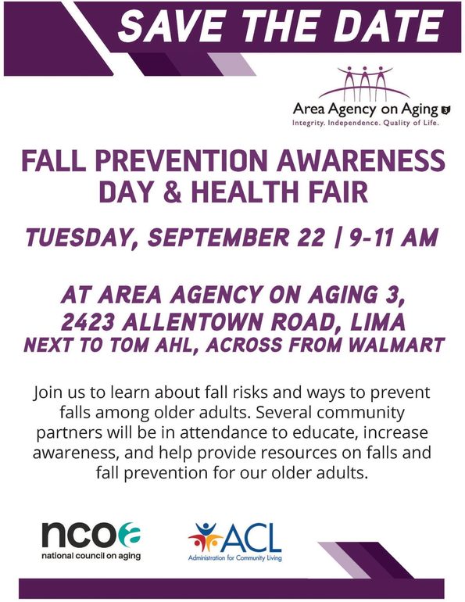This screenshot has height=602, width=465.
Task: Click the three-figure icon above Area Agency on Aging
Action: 364,83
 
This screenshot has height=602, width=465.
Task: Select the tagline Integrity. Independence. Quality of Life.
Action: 366,124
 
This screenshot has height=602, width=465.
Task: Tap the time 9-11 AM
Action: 393,237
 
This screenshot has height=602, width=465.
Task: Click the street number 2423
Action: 87,322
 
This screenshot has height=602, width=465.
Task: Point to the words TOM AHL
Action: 151,344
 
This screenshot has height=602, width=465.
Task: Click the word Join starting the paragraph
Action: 45,392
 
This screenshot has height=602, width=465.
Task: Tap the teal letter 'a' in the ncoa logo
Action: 129,535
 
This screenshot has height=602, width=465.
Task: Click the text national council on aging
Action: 91,556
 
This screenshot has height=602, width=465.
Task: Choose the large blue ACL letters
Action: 252,538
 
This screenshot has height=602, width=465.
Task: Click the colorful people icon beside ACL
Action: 205,537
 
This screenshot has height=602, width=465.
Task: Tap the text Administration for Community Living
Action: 234,558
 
